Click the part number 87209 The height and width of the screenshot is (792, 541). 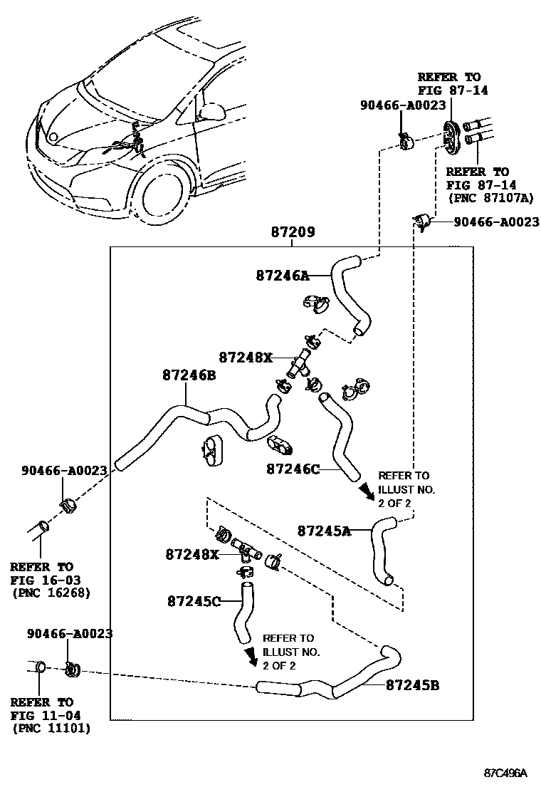pos(293,232)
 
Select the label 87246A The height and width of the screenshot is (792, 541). pos(283,275)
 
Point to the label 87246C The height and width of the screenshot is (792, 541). pos(293,469)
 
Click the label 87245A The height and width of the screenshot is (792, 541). pos(324,530)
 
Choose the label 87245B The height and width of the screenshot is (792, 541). pos(412,685)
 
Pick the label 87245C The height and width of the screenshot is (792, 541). pos(194,601)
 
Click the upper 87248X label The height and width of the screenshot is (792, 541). pos(246,357)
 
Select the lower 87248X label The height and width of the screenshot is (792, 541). pos(192,553)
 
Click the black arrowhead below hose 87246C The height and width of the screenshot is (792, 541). pos(365,491)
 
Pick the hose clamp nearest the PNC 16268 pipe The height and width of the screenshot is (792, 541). pos(68,508)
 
